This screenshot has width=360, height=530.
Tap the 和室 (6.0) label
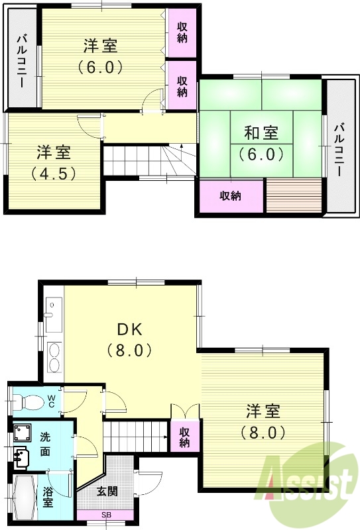click(261, 143)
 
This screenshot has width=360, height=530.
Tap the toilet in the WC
click(28, 401)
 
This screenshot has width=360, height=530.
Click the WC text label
click(50, 401)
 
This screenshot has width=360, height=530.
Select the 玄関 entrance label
click(107, 492)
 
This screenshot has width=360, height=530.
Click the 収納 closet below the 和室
click(230, 196)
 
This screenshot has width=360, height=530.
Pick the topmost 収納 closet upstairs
click(182, 32)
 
